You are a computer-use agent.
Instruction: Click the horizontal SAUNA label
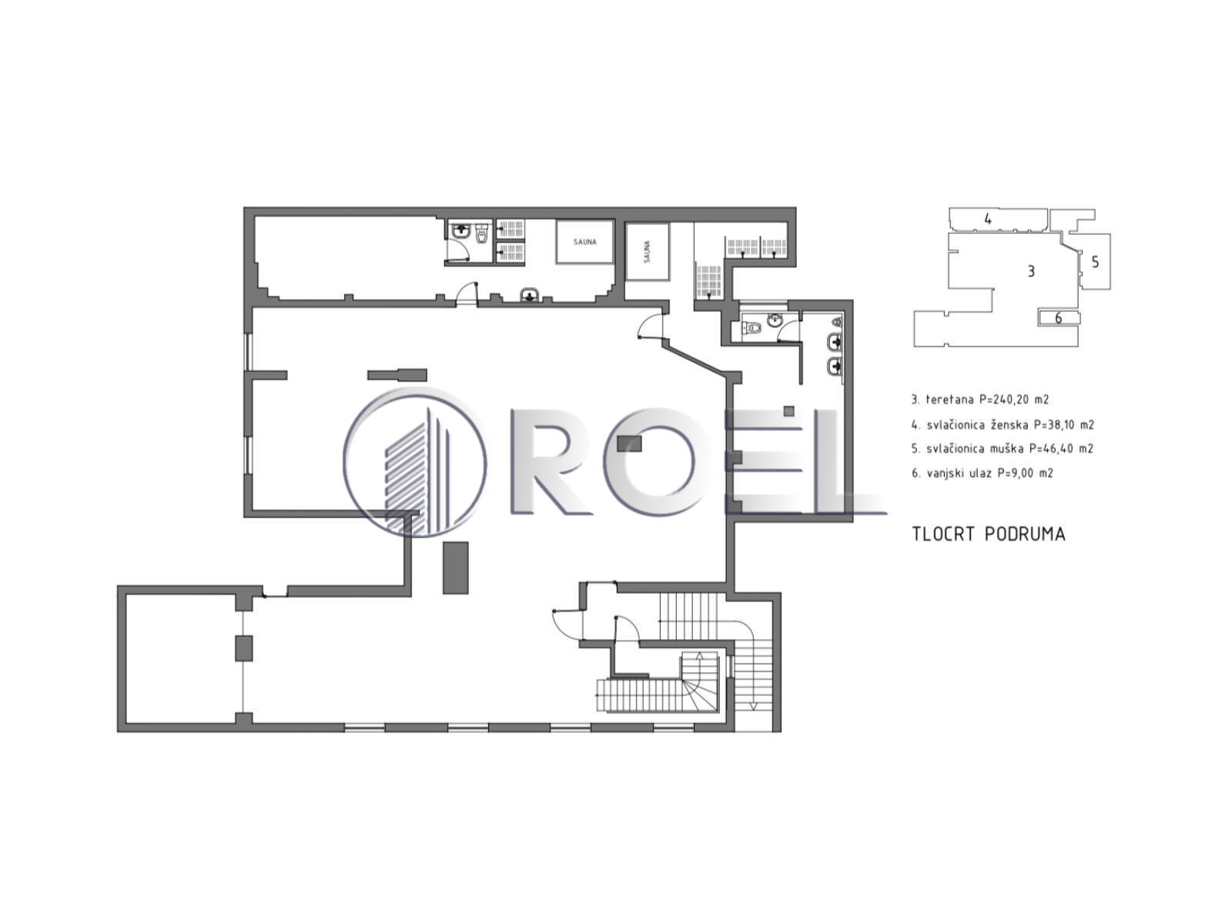coord(584,242)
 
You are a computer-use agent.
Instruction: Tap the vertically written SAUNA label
coord(647,252)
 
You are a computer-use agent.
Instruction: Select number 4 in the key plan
coord(988,219)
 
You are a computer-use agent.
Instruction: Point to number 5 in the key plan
coord(1094,262)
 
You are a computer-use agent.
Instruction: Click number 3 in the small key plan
coord(1030,271)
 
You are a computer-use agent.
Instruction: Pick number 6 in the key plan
coord(1058,318)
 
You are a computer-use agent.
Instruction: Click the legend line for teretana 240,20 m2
coord(980,400)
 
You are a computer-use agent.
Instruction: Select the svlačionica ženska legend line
coord(1003,425)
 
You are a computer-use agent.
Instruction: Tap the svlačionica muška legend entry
coord(1003,449)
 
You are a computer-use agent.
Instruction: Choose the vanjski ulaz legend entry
coord(983,473)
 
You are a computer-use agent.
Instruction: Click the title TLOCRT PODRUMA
coord(988,534)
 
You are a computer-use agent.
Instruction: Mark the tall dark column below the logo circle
coord(455,567)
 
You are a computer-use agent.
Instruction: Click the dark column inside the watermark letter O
coord(629,444)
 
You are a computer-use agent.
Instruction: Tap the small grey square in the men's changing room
coord(788,411)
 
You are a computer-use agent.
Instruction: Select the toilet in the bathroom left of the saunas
coord(482,234)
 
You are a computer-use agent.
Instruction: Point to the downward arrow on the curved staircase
coord(753,706)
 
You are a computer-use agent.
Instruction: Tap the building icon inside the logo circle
coord(417,470)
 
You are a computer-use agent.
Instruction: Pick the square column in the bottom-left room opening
coord(243,648)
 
